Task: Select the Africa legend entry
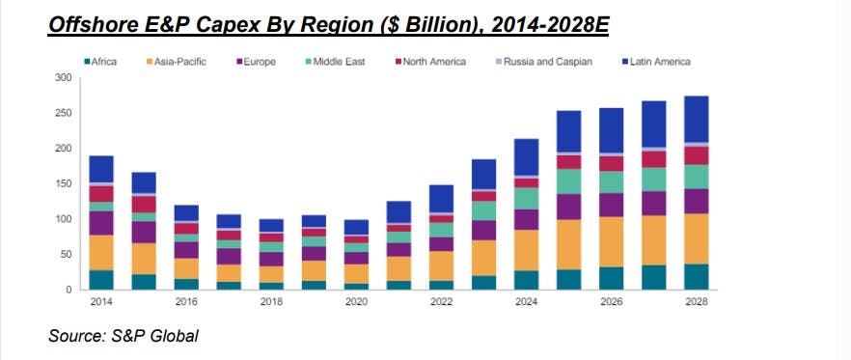point(102,62)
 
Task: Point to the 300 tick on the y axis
point(65,78)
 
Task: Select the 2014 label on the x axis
point(101,301)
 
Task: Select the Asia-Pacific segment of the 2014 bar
point(101,252)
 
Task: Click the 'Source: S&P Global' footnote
point(124,336)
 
